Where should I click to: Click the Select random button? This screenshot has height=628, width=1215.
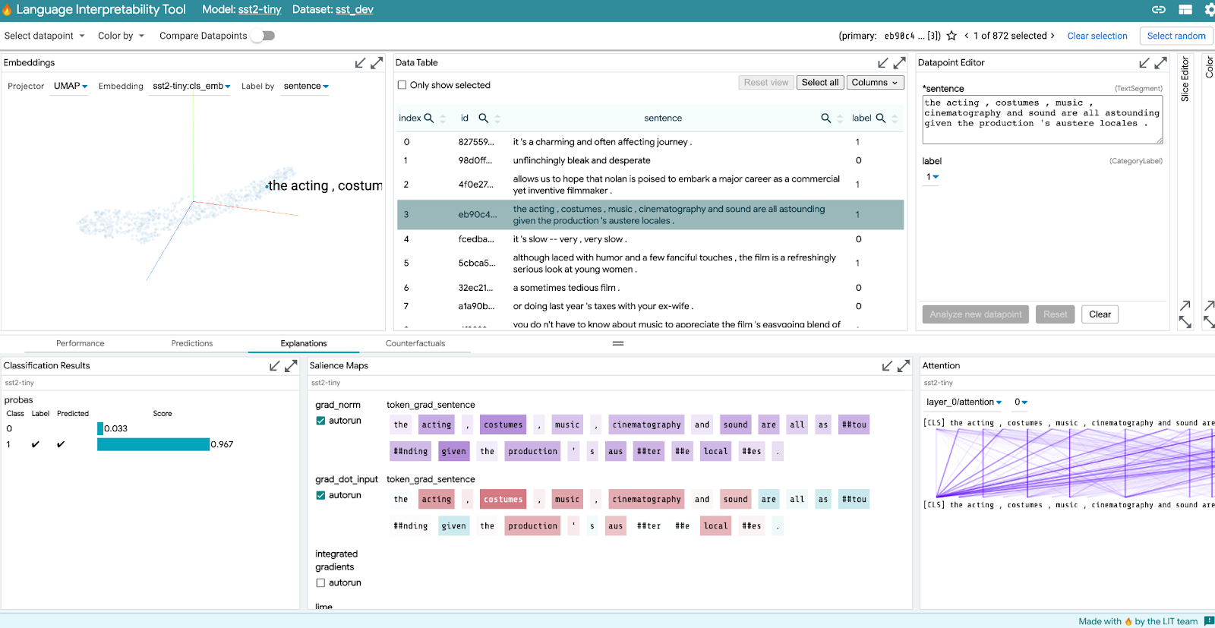click(x=1176, y=36)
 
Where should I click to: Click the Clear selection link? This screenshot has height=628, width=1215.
click(x=1097, y=36)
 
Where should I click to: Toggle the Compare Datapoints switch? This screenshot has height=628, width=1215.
click(x=263, y=36)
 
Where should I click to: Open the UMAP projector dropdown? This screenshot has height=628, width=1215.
click(x=71, y=87)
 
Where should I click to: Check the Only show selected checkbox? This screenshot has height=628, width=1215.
click(x=402, y=85)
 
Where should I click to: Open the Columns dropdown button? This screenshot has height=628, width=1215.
click(x=875, y=83)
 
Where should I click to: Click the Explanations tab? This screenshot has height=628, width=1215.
click(x=304, y=343)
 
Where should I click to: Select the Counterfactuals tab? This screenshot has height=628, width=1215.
click(x=415, y=343)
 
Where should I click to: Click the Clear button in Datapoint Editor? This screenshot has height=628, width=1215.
click(x=1100, y=314)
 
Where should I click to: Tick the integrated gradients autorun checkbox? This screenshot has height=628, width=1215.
click(x=320, y=583)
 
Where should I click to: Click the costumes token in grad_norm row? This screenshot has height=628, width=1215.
click(x=503, y=425)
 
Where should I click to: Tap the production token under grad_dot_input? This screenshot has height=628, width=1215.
click(x=532, y=526)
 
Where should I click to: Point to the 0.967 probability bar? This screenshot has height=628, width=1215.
click(x=153, y=445)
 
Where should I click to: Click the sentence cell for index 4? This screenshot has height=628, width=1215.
click(x=570, y=239)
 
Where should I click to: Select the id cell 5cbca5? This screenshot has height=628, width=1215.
click(x=476, y=264)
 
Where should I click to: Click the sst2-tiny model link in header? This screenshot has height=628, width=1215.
click(x=260, y=10)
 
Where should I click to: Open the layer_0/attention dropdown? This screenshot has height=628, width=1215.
click(x=964, y=402)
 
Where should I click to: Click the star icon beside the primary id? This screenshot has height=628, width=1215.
click(x=951, y=36)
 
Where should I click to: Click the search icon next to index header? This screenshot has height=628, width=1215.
click(x=429, y=118)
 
